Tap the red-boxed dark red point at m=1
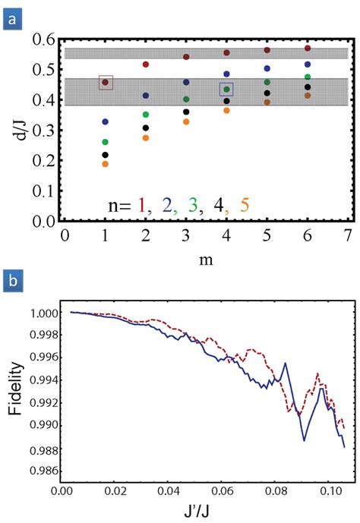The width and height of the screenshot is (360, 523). coord(106,83)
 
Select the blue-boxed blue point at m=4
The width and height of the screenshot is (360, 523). coord(226,89)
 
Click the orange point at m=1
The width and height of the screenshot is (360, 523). coord(106,164)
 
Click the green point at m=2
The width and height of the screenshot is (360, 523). coord(146,115)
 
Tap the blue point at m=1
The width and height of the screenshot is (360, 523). coord(106,121)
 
